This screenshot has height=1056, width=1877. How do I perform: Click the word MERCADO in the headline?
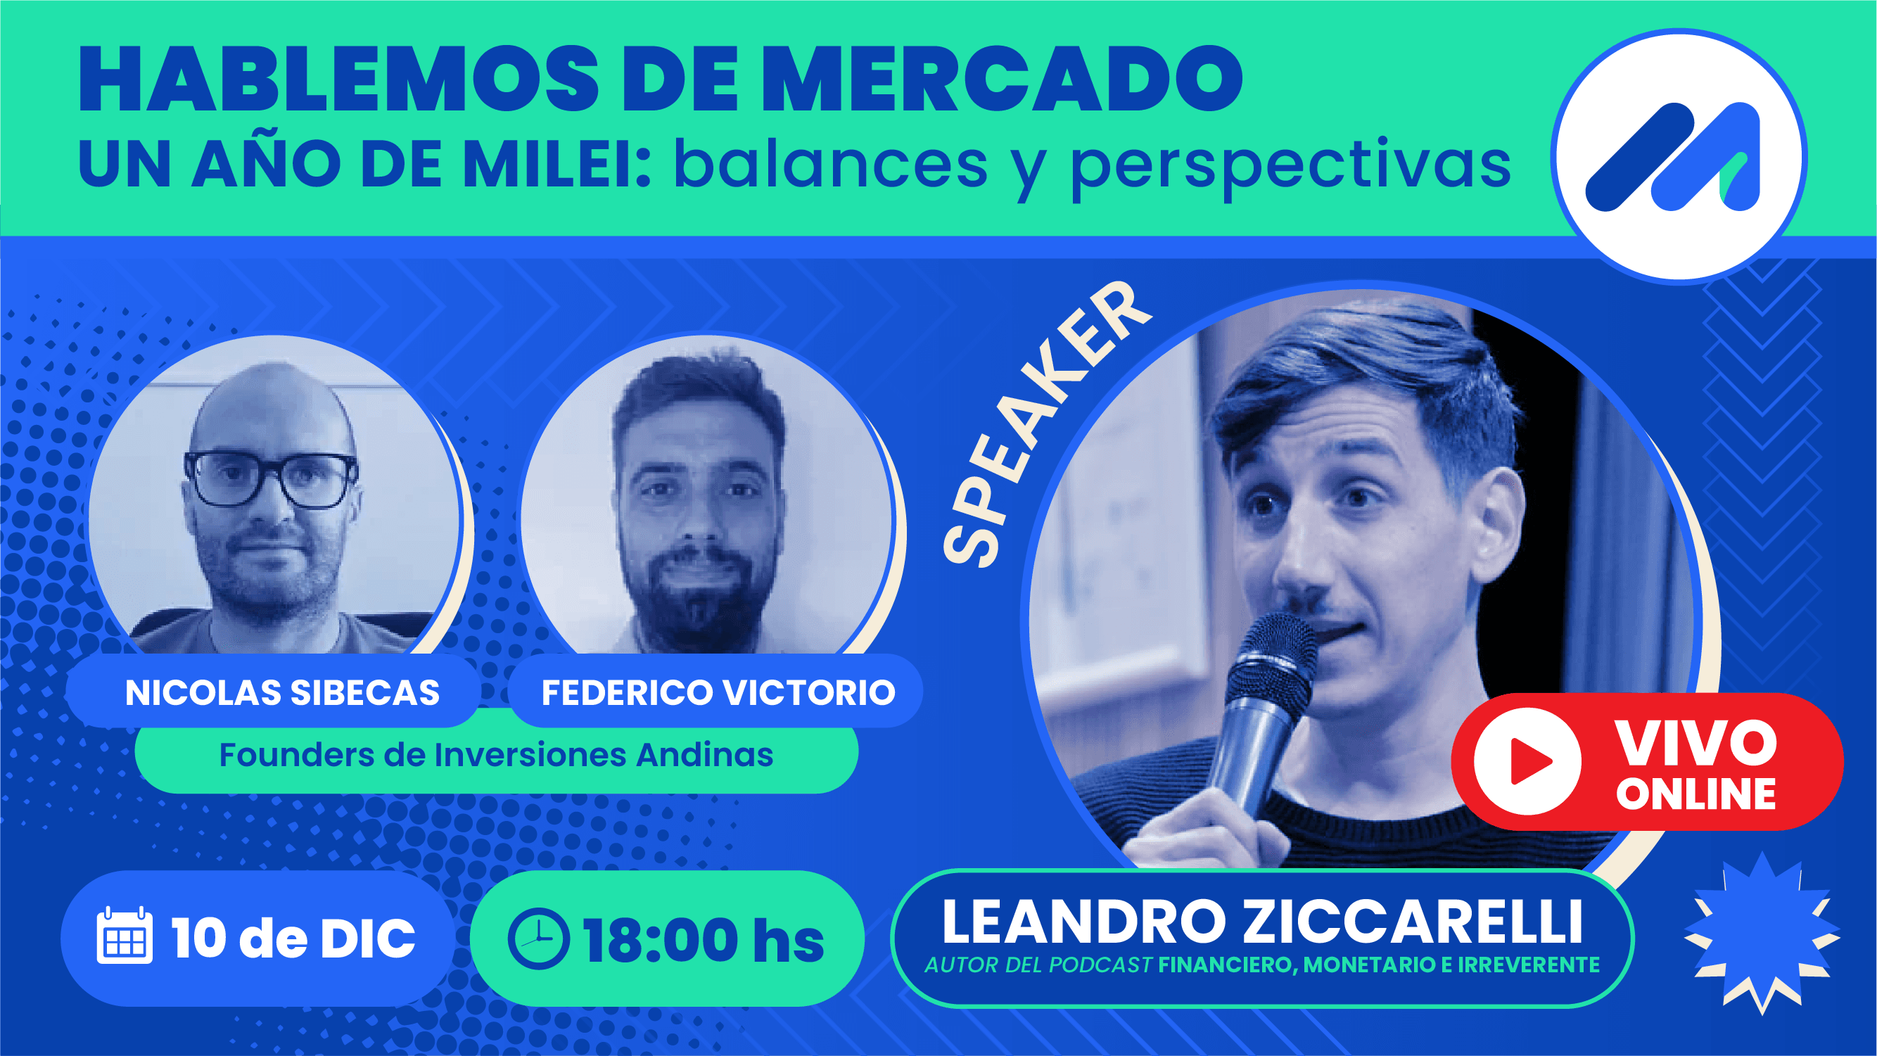click(x=1005, y=79)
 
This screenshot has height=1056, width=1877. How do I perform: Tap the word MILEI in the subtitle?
click(x=557, y=165)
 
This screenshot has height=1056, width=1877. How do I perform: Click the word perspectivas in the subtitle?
click(x=1290, y=166)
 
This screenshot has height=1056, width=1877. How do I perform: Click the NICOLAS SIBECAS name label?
click(x=282, y=692)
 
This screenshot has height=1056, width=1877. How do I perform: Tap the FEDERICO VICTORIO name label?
click(x=718, y=692)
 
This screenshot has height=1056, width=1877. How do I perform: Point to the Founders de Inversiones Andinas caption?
click(x=495, y=755)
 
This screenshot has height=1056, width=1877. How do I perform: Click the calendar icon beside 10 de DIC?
click(x=125, y=936)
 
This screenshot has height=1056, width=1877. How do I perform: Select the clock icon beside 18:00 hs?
click(x=538, y=938)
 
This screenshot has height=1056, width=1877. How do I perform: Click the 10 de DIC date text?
click(x=293, y=938)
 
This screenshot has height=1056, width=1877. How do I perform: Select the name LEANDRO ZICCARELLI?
click(x=1262, y=922)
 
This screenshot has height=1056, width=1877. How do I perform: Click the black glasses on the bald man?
click(x=271, y=479)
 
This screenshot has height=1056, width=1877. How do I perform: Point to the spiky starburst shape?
click(x=1762, y=933)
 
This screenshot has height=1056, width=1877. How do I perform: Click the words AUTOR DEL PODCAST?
click(x=1038, y=965)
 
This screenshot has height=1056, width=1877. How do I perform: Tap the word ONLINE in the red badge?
click(x=1696, y=794)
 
